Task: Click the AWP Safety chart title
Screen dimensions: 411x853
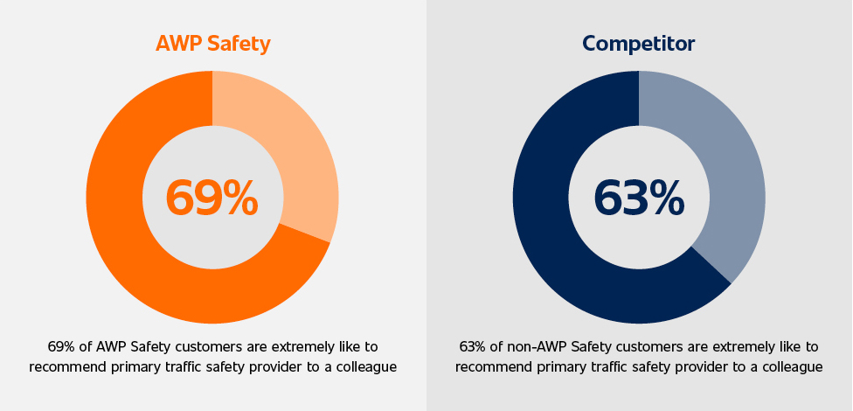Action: pos(212,43)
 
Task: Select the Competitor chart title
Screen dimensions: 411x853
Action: pos(639,43)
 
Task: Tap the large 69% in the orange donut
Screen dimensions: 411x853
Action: pos(212,198)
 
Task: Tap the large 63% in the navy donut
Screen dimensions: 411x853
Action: pos(639,198)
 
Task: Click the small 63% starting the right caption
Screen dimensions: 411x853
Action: pos(474,347)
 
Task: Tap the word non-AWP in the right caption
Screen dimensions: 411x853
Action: pos(527,347)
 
